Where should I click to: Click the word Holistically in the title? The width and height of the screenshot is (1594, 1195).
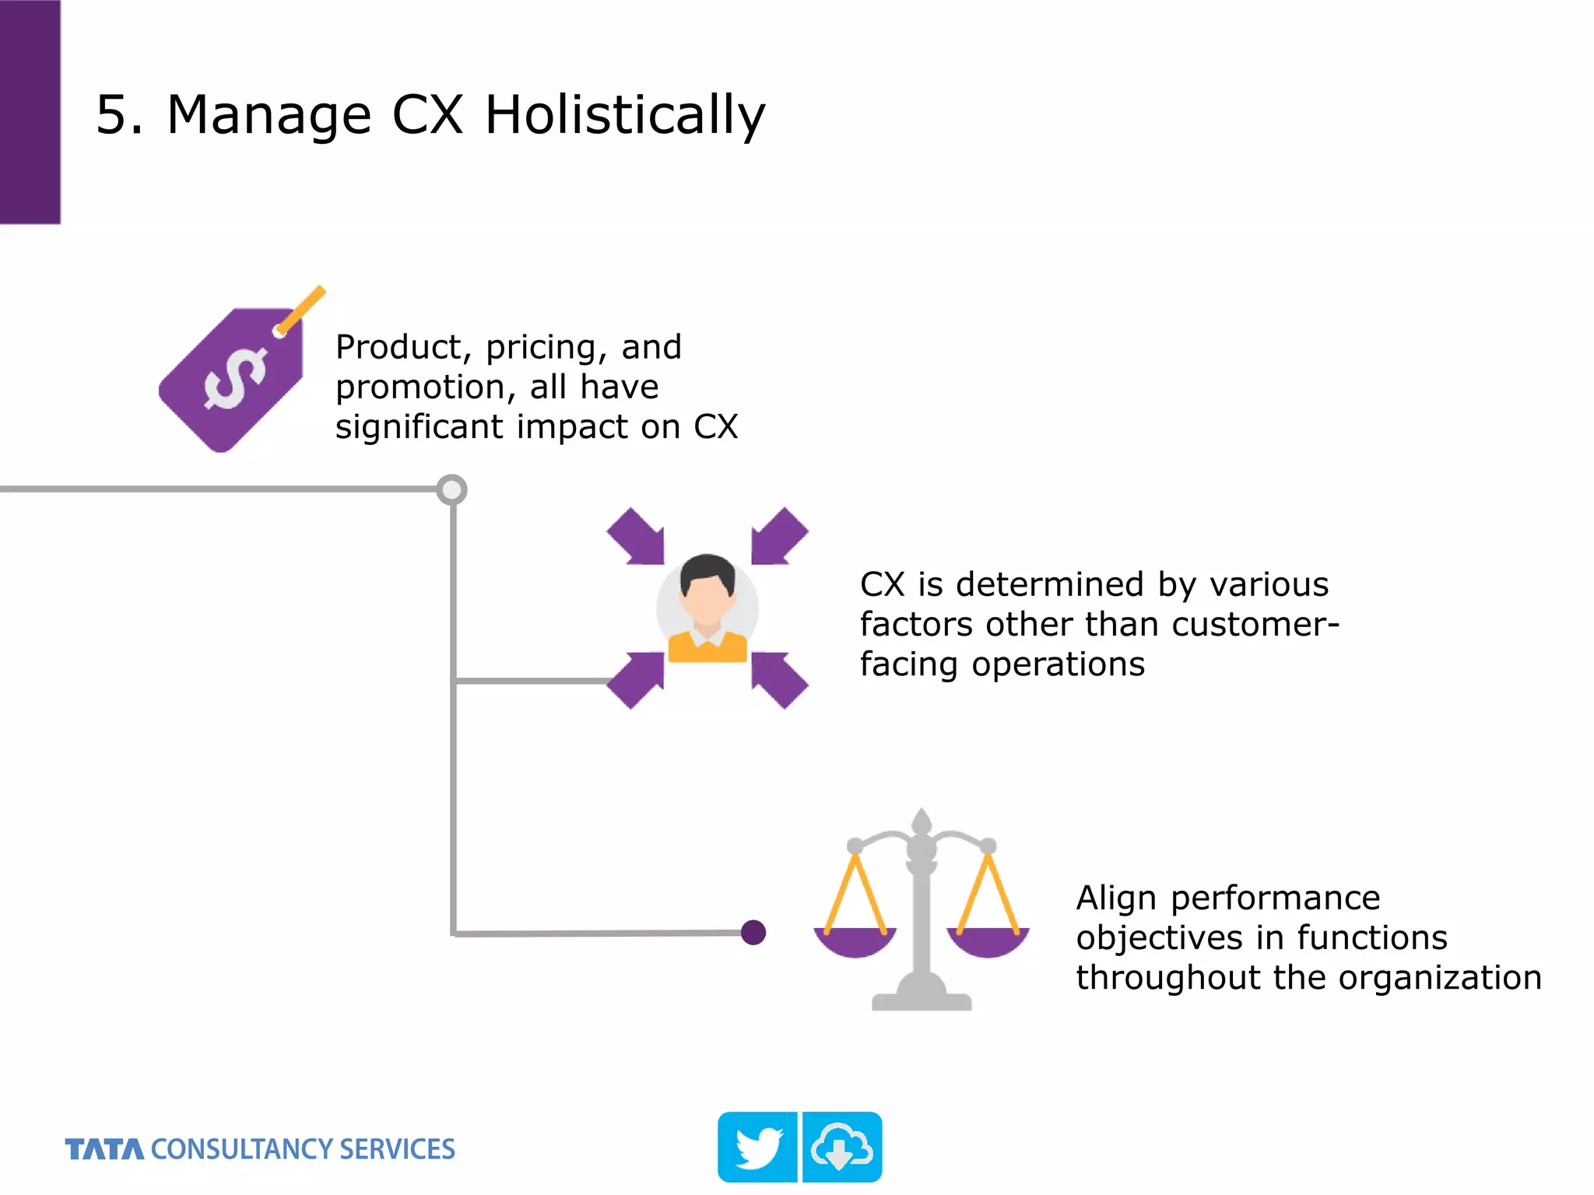pyautogui.click(x=624, y=115)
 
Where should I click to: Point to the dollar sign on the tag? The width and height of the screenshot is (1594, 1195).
pyautogui.click(x=234, y=378)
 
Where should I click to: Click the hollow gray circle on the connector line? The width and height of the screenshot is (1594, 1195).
pyautogui.click(x=451, y=490)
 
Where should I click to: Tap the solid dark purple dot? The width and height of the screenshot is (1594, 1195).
pyautogui.click(x=753, y=932)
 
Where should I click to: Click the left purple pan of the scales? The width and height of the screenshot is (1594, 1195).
pyautogui.click(x=855, y=941)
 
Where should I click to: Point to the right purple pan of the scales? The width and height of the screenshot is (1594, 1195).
pyautogui.click(x=988, y=941)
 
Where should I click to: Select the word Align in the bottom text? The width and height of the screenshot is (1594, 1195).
pyautogui.click(x=1116, y=898)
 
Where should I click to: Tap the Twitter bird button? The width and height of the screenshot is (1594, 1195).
pyautogui.click(x=757, y=1148)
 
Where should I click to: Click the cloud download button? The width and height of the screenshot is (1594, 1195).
pyautogui.click(x=842, y=1148)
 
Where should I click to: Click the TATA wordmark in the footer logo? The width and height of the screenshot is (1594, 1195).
pyautogui.click(x=104, y=1149)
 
